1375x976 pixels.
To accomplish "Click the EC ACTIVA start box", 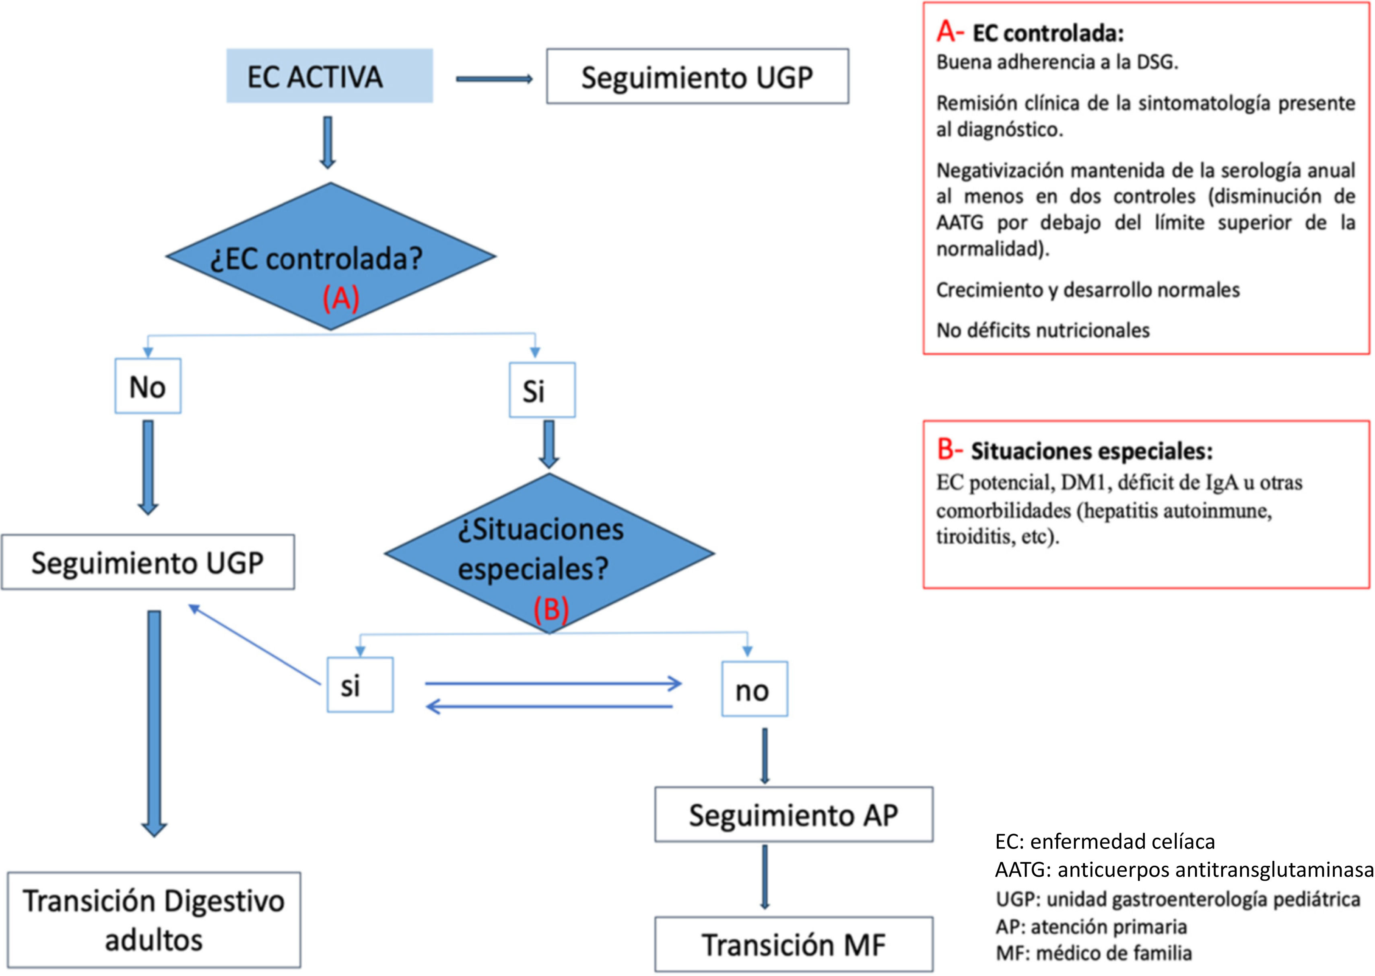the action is pyautogui.click(x=329, y=76).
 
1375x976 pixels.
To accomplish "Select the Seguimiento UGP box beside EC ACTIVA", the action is pyautogui.click(x=697, y=76).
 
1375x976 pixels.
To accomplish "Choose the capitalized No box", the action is pyautogui.click(x=148, y=386).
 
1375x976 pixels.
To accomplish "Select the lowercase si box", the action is pyautogui.click(x=360, y=684).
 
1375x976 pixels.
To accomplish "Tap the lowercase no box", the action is pyautogui.click(x=754, y=689).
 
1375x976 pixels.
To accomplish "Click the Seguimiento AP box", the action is pyautogui.click(x=794, y=814).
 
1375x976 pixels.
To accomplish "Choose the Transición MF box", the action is pyautogui.click(x=794, y=944).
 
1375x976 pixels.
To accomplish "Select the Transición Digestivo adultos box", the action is pyautogui.click(x=154, y=920).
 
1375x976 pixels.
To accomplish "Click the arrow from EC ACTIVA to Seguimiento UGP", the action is pyautogui.click(x=495, y=79).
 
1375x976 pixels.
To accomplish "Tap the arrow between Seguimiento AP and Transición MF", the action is pyautogui.click(x=765, y=877).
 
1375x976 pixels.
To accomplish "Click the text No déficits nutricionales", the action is pyautogui.click(x=1043, y=330).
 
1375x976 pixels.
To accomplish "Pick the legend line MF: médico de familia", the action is pyautogui.click(x=1094, y=953).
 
